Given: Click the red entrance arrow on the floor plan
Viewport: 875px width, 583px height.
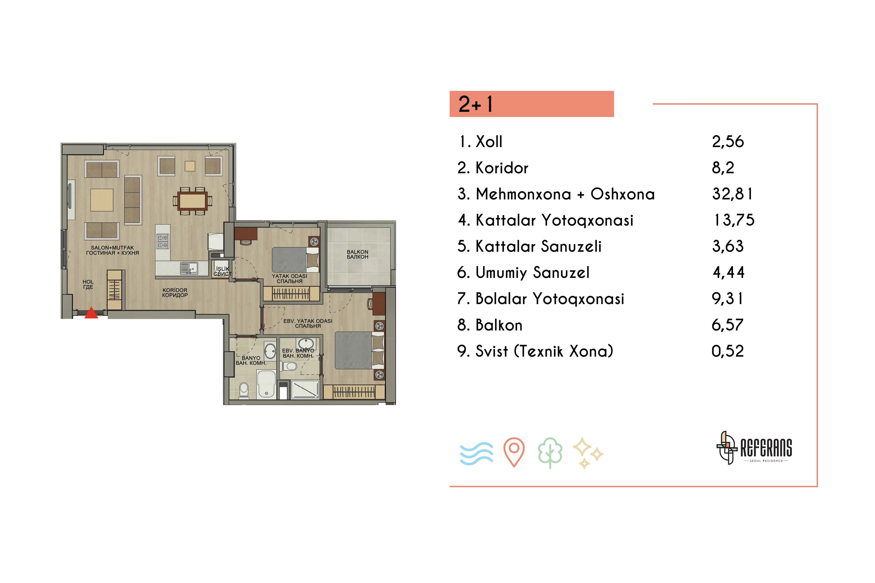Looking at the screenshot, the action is [x=91, y=313].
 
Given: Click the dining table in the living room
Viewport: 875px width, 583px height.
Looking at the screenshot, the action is [x=192, y=201].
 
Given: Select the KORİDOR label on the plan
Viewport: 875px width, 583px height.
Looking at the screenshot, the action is [x=175, y=290].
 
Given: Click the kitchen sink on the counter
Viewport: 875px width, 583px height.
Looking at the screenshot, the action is [x=189, y=268].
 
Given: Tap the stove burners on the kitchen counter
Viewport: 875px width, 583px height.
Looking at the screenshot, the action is [x=163, y=241].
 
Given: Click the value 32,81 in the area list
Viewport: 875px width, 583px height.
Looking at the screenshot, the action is [x=732, y=194].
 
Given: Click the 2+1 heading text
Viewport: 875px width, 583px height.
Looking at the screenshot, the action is [x=475, y=104].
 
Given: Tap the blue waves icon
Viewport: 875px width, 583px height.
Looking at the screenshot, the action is [x=477, y=454].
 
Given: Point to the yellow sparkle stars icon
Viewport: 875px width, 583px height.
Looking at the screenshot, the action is [x=588, y=453].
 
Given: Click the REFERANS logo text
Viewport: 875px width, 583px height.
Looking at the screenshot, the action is [x=766, y=448].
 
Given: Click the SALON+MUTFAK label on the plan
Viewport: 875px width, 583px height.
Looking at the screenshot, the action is [x=112, y=248].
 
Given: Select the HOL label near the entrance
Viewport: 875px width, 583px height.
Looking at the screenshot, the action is [x=88, y=282].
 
